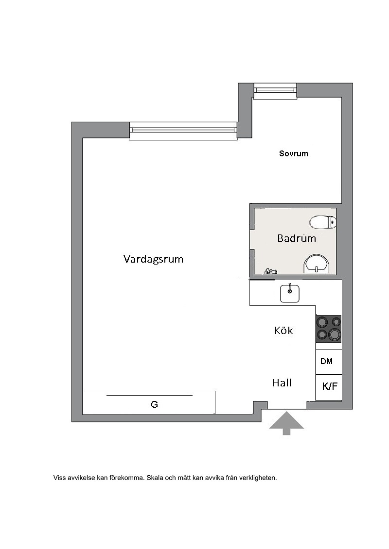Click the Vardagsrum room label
[153, 259]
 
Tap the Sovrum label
[294, 153]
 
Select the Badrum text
[297, 238]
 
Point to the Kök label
[283, 330]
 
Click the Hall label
[282, 383]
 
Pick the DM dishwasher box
[329, 361]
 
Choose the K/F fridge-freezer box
[329, 387]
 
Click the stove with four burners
[329, 329]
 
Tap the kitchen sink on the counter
[290, 293]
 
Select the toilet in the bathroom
[323, 222]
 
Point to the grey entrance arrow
[286, 423]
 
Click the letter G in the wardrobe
[154, 404]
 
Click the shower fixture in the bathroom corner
[270, 271]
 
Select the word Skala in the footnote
[155, 478]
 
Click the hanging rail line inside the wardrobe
[149, 395]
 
